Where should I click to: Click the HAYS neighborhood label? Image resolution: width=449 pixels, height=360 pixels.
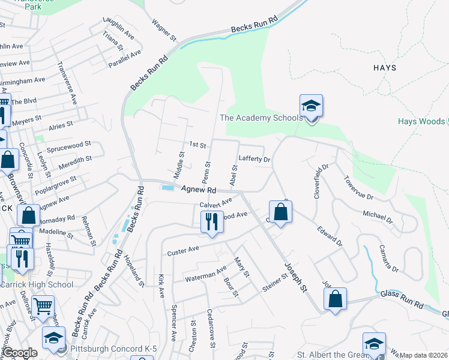[x=384, y=68]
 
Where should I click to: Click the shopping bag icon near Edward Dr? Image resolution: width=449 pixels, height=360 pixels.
[x=280, y=212]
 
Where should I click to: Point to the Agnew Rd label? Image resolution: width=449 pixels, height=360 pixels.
[x=199, y=189]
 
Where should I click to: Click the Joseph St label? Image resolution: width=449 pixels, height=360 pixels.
[x=296, y=277]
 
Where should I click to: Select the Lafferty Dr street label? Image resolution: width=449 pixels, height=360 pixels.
[x=255, y=160]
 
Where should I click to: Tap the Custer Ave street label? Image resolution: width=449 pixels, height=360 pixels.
[x=183, y=250]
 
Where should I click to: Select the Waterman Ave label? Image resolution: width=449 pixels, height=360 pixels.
[x=205, y=274]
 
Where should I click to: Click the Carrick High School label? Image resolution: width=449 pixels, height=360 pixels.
[x=37, y=284]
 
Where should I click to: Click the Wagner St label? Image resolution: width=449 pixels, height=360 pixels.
[x=163, y=31]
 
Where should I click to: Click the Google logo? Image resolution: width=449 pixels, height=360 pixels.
[x=20, y=353]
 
